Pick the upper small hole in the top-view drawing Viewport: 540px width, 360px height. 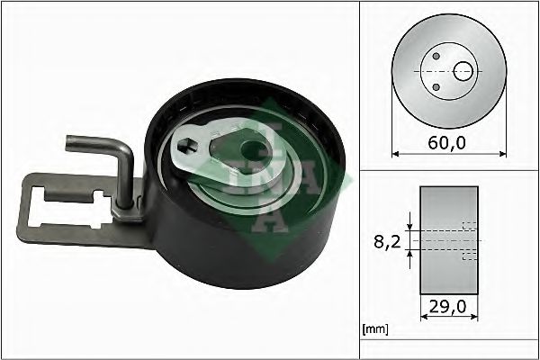[436, 56]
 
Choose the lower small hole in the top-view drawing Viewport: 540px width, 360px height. [436, 86]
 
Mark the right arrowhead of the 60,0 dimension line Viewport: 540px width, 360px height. [501, 154]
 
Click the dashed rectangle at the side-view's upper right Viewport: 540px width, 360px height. [469, 225]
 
